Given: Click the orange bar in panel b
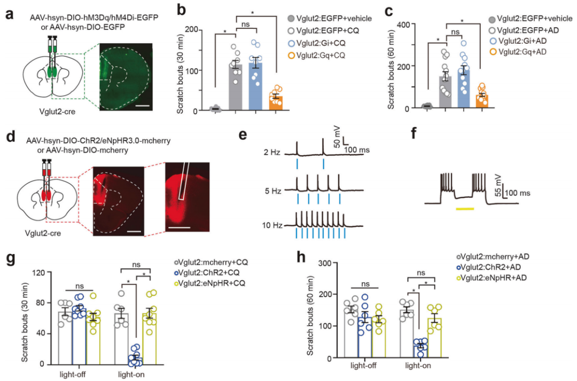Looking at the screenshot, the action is [x=276, y=103].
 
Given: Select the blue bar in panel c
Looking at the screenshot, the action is [x=464, y=88].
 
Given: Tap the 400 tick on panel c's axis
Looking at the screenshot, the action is [x=409, y=24].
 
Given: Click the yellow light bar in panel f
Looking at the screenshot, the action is [x=465, y=209].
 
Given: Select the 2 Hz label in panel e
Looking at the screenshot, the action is [x=271, y=152].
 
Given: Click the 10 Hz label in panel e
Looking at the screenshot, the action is [x=272, y=225].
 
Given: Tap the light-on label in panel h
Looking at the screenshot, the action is [x=418, y=366].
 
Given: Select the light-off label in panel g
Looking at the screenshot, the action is [x=73, y=375].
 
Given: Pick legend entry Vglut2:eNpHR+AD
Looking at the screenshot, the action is [x=492, y=278].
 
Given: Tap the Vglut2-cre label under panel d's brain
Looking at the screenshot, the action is [x=43, y=233].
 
